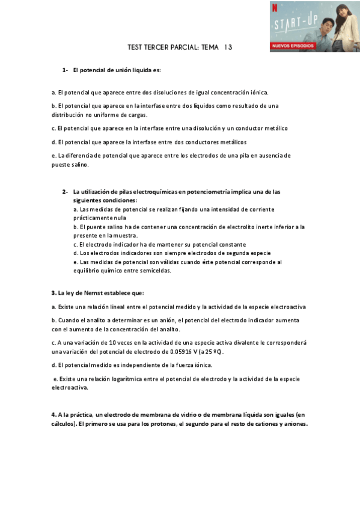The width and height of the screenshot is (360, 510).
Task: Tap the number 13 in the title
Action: [x=228, y=47]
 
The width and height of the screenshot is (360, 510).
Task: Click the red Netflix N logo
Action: [x=275, y=8]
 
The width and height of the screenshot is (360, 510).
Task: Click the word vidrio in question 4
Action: [x=175, y=414]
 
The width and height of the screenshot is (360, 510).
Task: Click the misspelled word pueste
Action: [x=61, y=165]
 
